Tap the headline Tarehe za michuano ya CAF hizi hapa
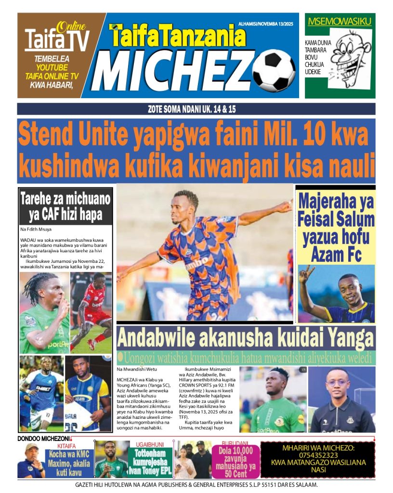[x=65, y=206]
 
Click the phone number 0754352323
[x=317, y=455]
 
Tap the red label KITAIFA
[x=66, y=446]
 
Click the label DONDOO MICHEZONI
[x=44, y=439]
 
